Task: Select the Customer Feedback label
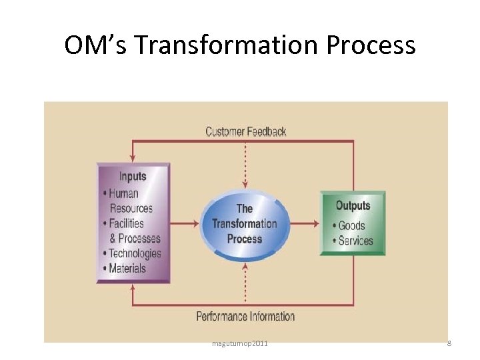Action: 245,131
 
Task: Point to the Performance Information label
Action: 245,316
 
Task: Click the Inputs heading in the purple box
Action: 133,177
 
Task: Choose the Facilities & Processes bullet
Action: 133,231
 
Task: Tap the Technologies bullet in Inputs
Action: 133,253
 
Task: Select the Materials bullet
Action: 125,268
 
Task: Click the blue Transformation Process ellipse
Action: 245,223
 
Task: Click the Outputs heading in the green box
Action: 353,206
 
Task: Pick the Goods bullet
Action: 350,225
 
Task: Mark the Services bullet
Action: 354,240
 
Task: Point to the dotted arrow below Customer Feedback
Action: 245,163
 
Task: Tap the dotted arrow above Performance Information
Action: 245,284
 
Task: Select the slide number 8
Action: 449,343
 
